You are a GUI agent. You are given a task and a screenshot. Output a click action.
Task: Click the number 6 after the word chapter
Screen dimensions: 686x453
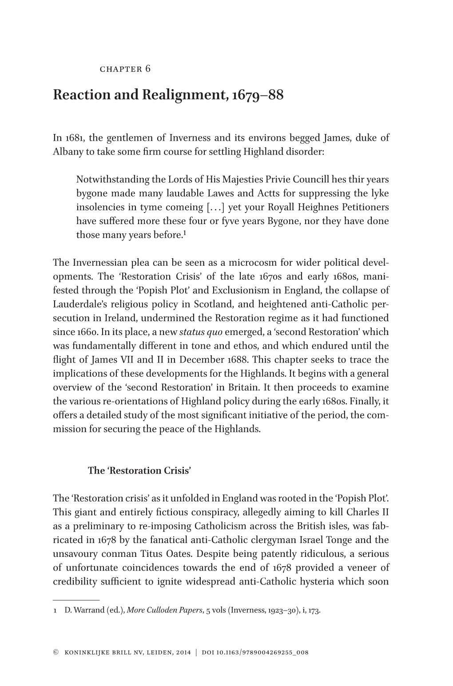click(148, 69)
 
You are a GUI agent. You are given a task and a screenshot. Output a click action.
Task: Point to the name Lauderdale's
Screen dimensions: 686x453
click(77, 304)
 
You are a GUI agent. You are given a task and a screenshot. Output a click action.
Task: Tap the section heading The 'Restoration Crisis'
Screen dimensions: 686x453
click(139, 471)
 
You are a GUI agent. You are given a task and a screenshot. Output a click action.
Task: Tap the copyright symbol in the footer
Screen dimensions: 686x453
click(56, 653)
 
